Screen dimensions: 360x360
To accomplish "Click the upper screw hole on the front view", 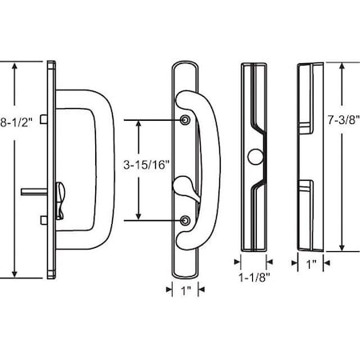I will tap(186, 120).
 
